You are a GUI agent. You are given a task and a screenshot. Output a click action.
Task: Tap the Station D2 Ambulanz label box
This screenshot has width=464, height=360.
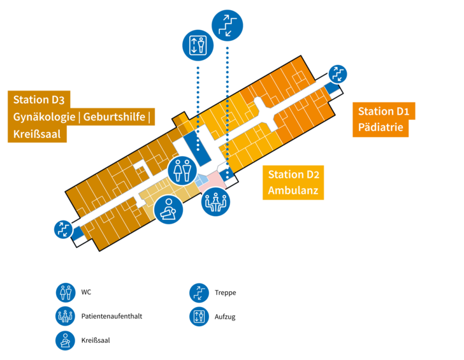coord(293,182)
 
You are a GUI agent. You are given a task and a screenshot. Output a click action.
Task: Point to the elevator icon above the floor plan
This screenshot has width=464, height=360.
coord(198,45)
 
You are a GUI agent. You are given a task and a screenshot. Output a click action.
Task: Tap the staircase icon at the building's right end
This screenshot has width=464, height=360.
coord(337,73)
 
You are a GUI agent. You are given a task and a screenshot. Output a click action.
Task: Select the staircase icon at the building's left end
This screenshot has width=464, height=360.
coord(63,229)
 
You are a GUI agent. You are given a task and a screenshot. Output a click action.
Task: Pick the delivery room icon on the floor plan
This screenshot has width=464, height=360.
coord(168,208)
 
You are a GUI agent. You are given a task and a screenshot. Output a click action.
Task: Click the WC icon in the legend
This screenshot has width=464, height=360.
coord(64,292)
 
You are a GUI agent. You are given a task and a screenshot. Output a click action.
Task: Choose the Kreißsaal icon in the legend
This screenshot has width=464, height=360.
coord(64,340)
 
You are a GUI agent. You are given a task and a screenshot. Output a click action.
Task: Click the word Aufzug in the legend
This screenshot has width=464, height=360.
coord(226,316)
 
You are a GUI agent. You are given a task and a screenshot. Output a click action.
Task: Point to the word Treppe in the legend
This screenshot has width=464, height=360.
coord(226,292)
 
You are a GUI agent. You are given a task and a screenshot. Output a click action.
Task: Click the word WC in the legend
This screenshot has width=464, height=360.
coord(87,292)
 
